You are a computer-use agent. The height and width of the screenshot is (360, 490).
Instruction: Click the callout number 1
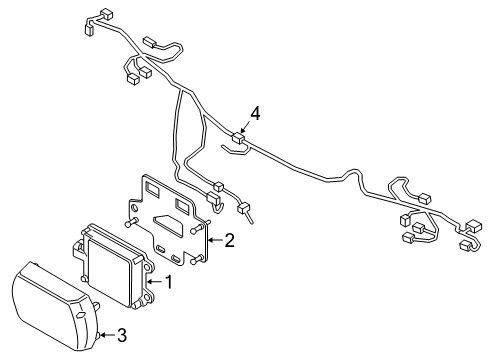[x=168, y=282]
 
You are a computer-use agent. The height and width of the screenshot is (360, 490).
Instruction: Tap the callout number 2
[x=229, y=240]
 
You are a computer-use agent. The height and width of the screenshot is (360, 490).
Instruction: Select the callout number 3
[x=121, y=334]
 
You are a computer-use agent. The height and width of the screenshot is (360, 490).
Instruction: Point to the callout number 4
[x=255, y=115]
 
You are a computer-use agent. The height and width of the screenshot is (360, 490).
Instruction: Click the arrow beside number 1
[x=152, y=283]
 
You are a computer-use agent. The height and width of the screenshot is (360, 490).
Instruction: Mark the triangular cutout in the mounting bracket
[x=169, y=226]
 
